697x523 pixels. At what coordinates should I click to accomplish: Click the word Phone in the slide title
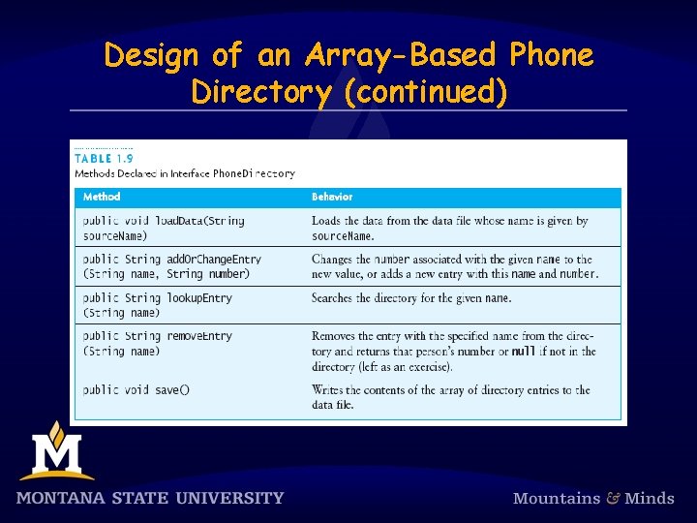click(545, 55)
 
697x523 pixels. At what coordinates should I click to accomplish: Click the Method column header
click(103, 197)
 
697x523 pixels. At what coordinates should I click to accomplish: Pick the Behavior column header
click(332, 197)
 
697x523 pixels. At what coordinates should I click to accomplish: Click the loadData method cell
click(164, 228)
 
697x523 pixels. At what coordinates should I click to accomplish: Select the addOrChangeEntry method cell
click(172, 266)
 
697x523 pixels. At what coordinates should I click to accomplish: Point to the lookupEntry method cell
click(158, 305)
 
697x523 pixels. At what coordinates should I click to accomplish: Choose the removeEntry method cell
click(158, 344)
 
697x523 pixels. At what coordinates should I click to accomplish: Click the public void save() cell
click(136, 390)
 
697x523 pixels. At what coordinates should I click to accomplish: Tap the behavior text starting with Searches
click(411, 298)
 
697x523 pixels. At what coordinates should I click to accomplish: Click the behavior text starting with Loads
click(449, 228)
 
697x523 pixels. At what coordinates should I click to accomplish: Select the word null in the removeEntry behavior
click(524, 352)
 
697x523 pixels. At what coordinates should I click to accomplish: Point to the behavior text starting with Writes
click(450, 397)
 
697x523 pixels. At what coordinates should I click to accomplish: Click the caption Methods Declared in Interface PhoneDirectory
click(185, 174)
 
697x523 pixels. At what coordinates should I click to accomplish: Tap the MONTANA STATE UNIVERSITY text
click(150, 499)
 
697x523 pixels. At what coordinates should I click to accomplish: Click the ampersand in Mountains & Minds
click(614, 499)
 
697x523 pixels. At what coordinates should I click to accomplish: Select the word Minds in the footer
click(650, 499)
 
